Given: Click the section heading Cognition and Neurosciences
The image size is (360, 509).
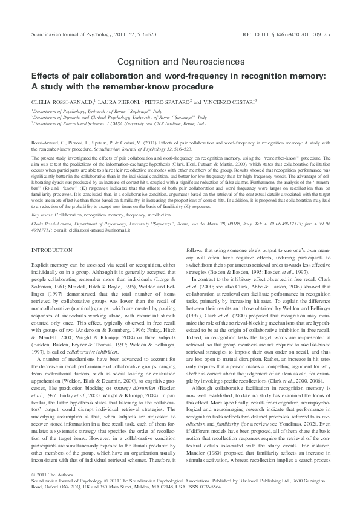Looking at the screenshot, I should coord(180,62).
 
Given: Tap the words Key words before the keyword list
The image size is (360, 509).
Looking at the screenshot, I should coord(44,214).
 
